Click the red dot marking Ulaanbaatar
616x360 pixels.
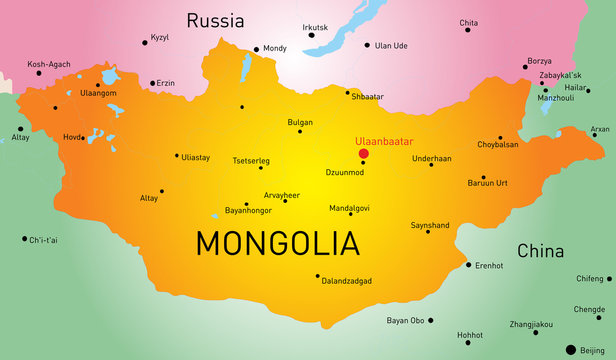click(363, 153)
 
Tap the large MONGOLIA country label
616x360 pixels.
click(276, 243)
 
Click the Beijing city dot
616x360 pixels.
click(571, 349)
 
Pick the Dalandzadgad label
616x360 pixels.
click(346, 281)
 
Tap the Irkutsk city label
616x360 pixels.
click(315, 27)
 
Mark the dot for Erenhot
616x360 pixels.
click(468, 265)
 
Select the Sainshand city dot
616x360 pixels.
click(428, 231)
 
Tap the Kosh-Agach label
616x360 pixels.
click(48, 63)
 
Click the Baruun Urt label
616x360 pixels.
click(488, 183)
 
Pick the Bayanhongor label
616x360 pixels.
click(249, 211)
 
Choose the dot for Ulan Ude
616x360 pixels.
click(367, 45)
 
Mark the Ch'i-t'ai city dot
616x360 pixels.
click(24, 239)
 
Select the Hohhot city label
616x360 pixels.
click(469, 335)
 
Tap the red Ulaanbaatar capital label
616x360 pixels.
click(383, 141)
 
